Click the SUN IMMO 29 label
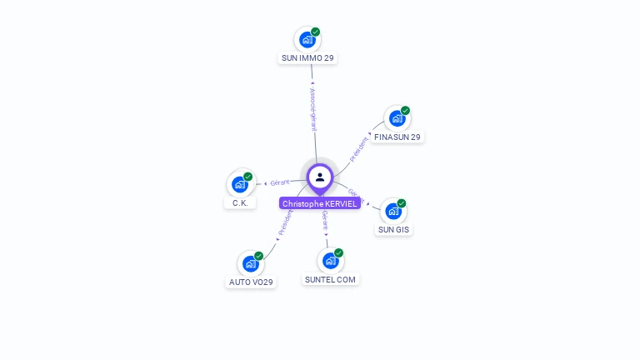(x=307, y=58)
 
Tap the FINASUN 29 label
(x=397, y=137)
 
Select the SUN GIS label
(x=393, y=229)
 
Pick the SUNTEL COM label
(x=330, y=279)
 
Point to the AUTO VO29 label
(x=251, y=282)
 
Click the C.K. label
(x=240, y=202)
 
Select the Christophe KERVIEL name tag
(x=320, y=203)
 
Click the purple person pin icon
(x=320, y=177)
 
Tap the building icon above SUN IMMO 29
(x=307, y=39)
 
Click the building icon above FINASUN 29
(x=397, y=118)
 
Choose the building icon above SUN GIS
(x=393, y=211)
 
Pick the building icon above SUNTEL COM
(x=330, y=261)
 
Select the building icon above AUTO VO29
(x=250, y=263)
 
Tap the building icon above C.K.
(x=240, y=184)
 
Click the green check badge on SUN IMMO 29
(x=316, y=32)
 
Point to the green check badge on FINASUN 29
(x=406, y=110)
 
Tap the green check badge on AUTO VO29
(x=259, y=256)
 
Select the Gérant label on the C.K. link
(x=279, y=182)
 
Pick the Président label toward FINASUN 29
(x=358, y=148)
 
